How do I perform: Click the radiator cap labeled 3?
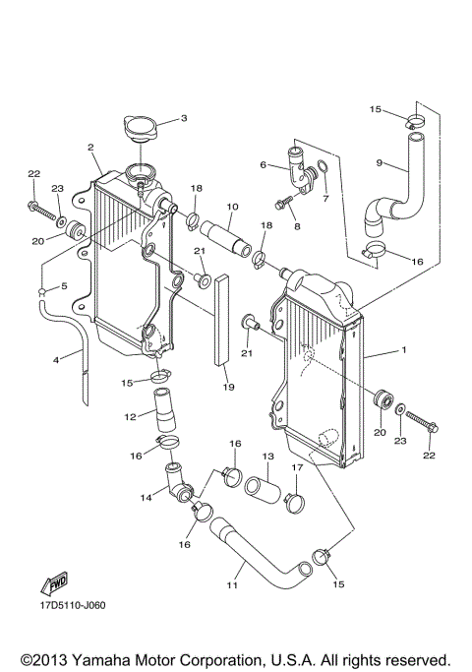pos(142,129)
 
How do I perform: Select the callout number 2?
pos(90,148)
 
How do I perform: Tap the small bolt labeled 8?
pos(286,205)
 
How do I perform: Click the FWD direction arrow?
pos(53,581)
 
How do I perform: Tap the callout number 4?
pos(56,359)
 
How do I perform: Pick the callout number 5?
pos(65,286)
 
